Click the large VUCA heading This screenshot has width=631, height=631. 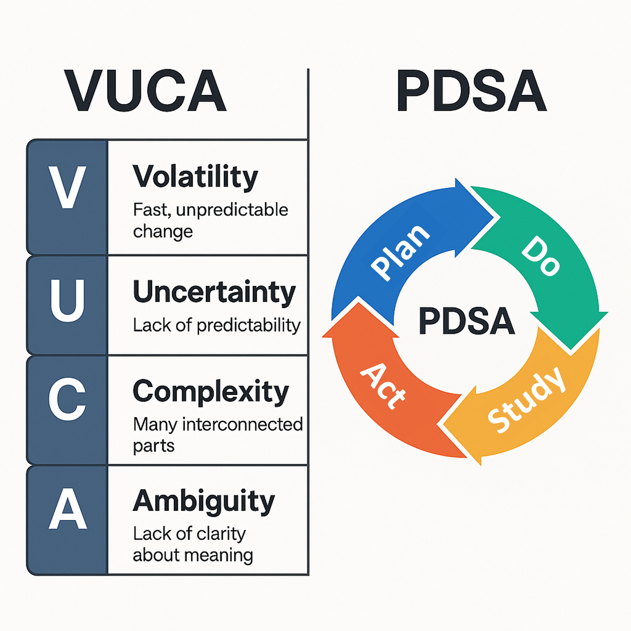coord(146,91)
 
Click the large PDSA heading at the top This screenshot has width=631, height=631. coord(471,91)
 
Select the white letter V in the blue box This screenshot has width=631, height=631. coord(67,187)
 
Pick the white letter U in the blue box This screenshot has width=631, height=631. coord(67,301)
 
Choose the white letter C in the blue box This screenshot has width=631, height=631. coord(67,399)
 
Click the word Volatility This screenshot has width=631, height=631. coord(195,177)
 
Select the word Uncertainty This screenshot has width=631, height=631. coord(214,292)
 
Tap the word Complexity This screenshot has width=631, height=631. coord(211,392)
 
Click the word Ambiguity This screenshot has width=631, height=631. coord(203,502)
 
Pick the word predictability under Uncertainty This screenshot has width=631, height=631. coord(248,326)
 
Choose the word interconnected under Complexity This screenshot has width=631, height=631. coord(242,425)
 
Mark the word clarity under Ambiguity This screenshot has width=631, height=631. coord(221,534)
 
